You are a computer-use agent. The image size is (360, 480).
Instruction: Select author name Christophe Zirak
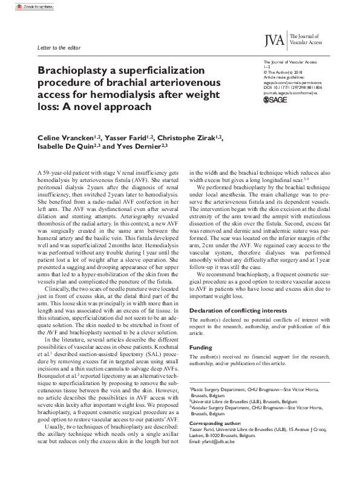[x=188, y=138]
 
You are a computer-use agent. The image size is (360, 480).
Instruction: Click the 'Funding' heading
[x=201, y=348]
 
